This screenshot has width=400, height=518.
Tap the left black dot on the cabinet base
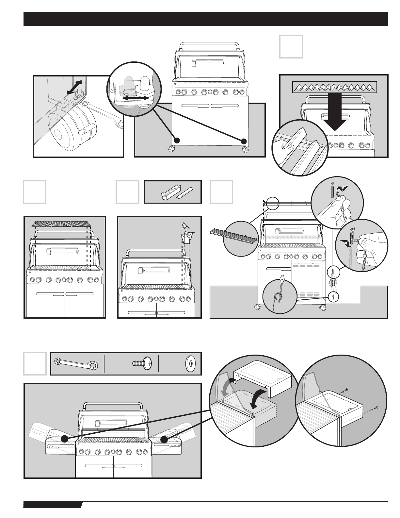tap(177, 141)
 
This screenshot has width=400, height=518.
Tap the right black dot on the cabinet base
tap(243, 141)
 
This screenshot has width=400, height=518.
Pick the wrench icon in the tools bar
tap(76, 363)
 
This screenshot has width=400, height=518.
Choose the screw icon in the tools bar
tap(142, 363)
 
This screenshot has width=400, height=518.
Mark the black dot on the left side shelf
tap(65, 439)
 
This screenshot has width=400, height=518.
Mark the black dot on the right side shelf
tap(164, 440)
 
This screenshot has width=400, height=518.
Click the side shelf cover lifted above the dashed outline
tap(264, 379)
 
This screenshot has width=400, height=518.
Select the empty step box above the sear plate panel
tap(291, 47)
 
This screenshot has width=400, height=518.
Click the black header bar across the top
tap(205, 19)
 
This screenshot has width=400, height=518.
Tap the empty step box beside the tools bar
tap(35, 363)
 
